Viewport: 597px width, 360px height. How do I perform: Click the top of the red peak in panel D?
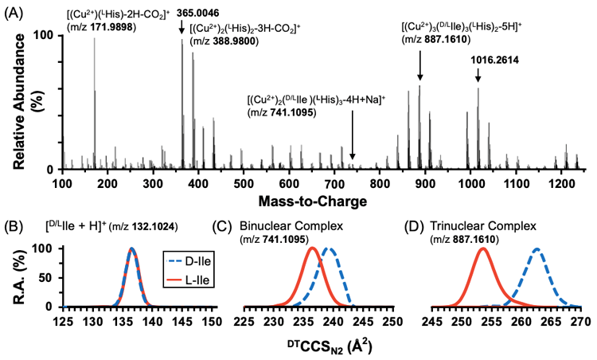pyautogui.click(x=482, y=248)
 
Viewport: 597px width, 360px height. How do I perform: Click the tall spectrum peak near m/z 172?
pyautogui.click(x=94, y=40)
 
